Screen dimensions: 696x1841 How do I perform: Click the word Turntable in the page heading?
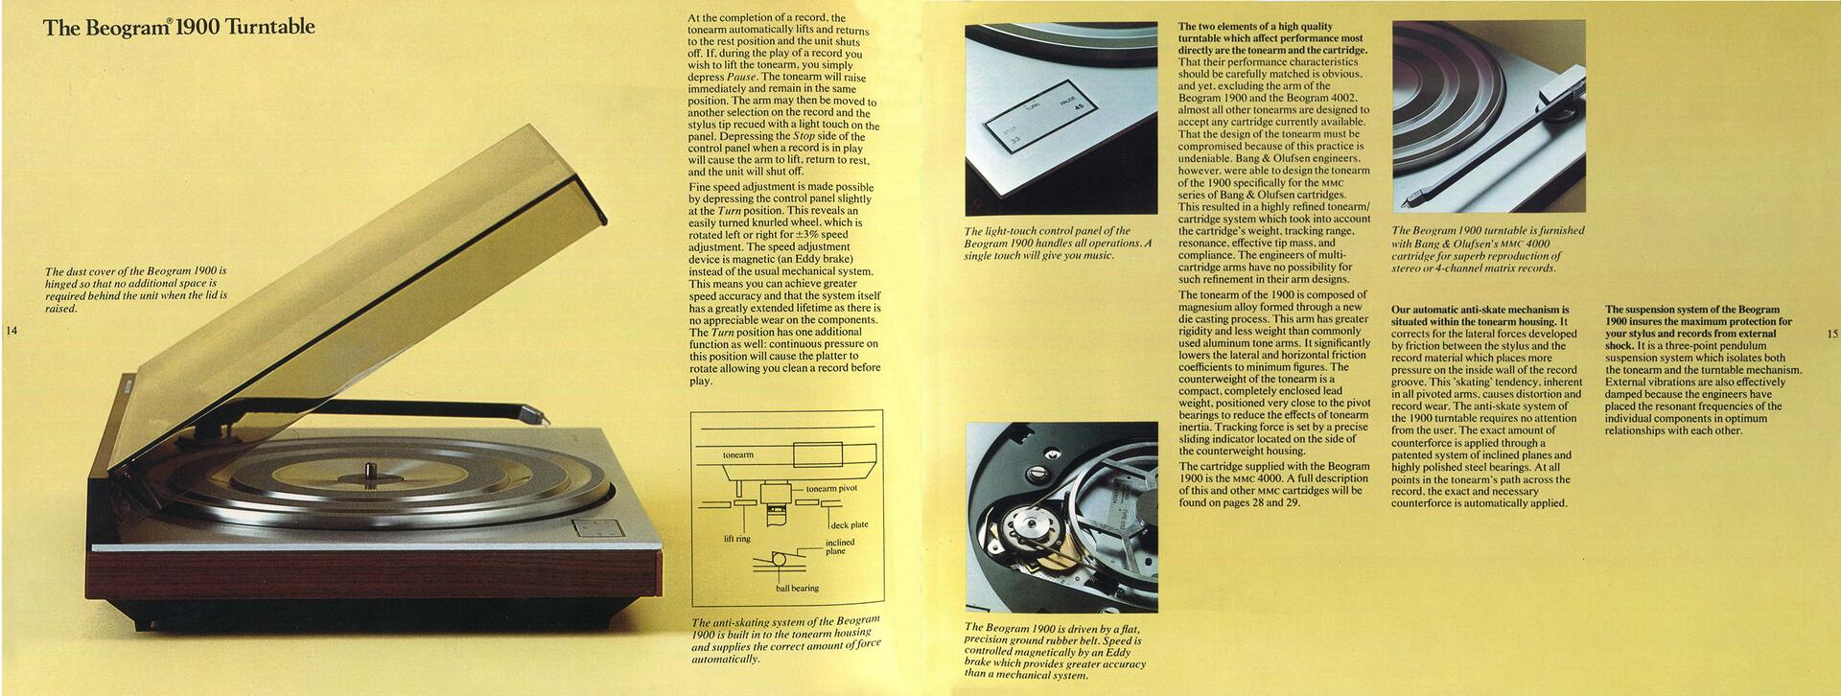[268, 27]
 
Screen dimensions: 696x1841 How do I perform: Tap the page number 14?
[12, 332]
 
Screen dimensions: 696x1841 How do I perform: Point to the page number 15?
[1831, 335]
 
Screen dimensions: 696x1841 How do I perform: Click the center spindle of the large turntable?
[369, 470]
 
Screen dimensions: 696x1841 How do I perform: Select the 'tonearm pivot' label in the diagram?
[831, 489]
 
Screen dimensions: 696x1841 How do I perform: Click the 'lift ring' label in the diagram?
[736, 539]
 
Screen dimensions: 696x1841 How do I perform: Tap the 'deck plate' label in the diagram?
[849, 525]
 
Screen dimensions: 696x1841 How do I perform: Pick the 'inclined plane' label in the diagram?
[840, 546]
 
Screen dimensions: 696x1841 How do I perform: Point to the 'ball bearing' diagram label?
[797, 588]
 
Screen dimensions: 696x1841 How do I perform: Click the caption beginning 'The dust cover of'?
[136, 290]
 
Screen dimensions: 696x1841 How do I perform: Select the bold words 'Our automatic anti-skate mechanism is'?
[1480, 310]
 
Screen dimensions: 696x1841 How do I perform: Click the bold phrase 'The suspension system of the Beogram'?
[1692, 310]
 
